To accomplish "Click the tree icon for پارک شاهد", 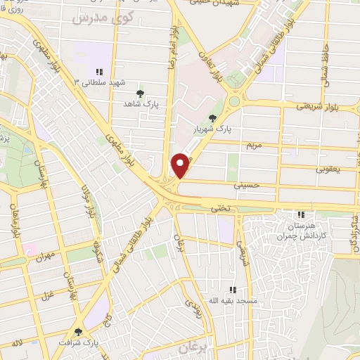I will coord(140,93).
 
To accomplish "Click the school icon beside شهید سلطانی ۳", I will coord(99,72).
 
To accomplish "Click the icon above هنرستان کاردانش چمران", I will coord(301,214).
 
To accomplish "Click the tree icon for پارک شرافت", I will coord(78,332).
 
